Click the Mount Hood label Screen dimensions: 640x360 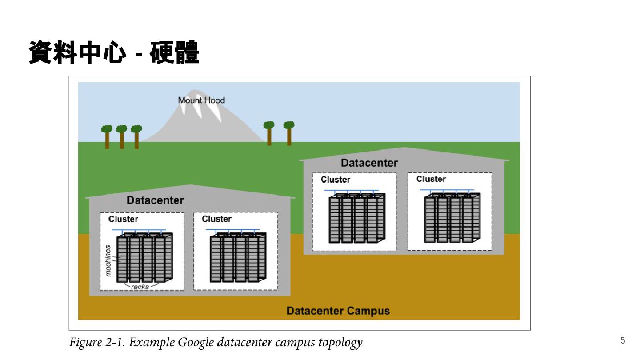(201, 100)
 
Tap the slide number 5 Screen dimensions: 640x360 (623, 340)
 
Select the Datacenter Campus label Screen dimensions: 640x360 (338, 311)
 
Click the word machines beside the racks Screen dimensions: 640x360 (108, 260)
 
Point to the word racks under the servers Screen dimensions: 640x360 (140, 287)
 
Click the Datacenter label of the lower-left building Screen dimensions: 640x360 (155, 200)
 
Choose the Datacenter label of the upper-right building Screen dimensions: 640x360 (369, 163)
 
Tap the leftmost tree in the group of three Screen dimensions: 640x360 (107, 137)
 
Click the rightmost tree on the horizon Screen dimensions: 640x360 (289, 133)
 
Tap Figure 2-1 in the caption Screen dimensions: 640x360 (97, 342)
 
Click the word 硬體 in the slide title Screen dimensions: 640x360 (174, 52)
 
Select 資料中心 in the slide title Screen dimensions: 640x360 (77, 52)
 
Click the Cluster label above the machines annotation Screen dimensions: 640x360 (123, 219)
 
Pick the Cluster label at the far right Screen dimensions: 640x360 (431, 179)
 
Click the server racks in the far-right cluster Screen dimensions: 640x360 (452, 218)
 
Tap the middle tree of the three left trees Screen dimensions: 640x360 (122, 137)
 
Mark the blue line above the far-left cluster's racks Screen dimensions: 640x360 (139, 229)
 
